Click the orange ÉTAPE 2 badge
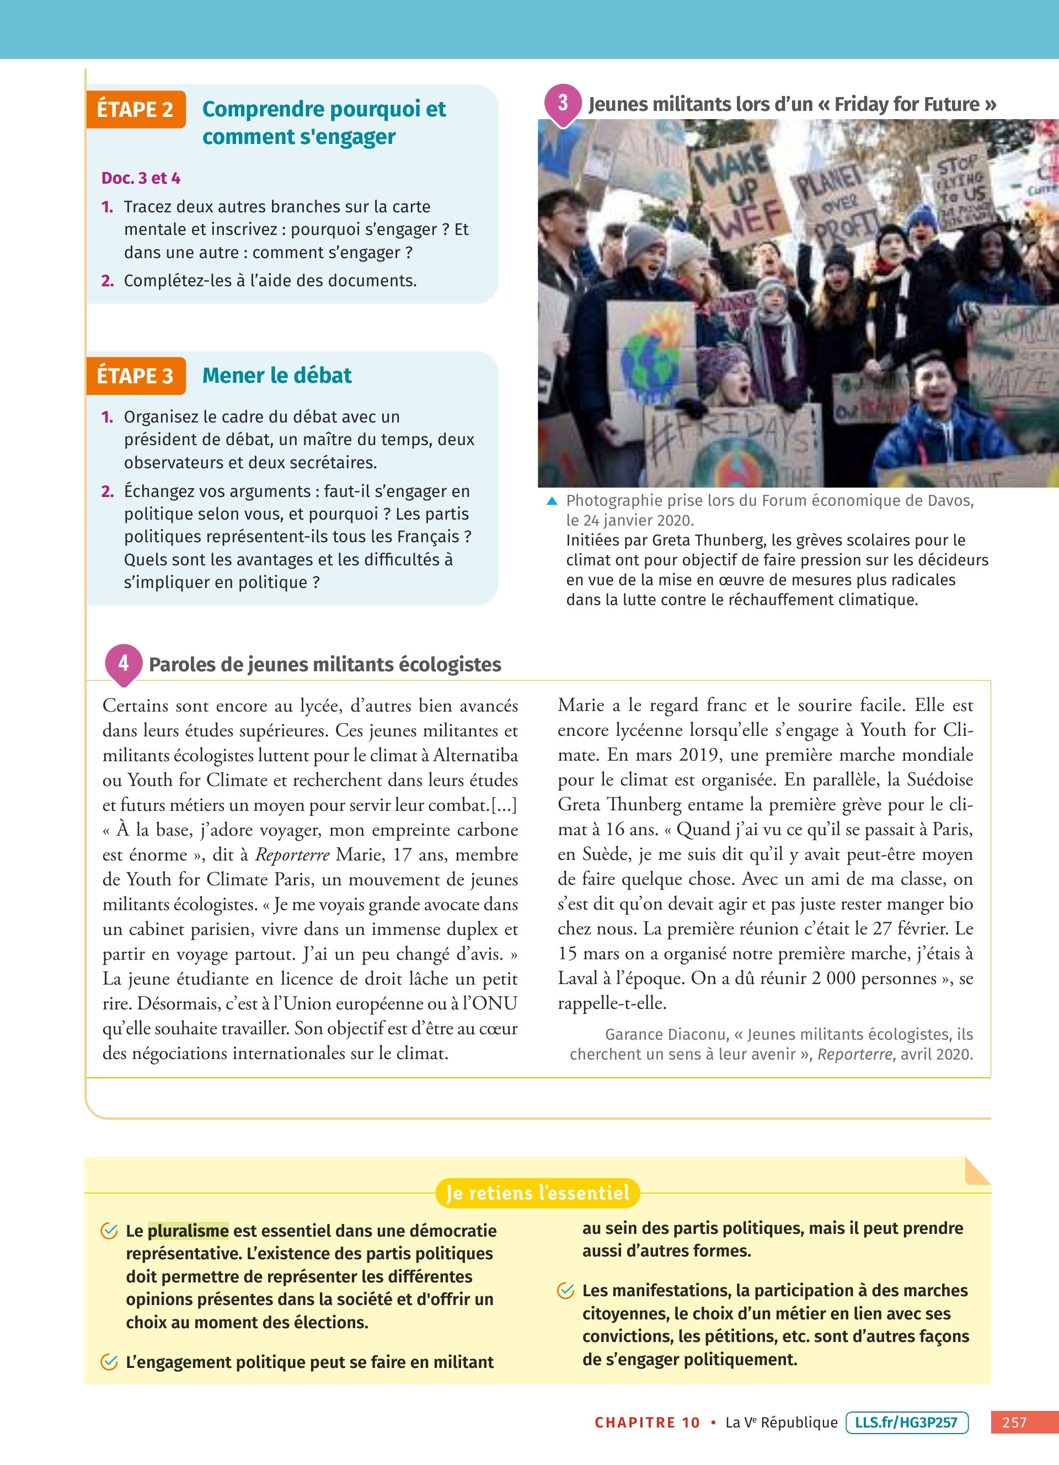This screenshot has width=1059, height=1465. [x=136, y=109]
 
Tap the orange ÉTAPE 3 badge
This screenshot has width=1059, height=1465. [x=136, y=375]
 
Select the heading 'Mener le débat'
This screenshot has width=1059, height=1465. [x=276, y=375]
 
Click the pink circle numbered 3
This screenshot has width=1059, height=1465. [x=563, y=103]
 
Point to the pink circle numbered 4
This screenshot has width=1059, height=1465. [x=124, y=663]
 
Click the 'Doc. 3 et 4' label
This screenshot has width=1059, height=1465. [x=141, y=178]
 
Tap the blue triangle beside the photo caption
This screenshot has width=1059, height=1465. [x=552, y=501]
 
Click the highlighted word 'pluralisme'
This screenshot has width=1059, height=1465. [x=188, y=1231]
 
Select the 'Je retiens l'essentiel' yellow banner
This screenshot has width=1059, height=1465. [x=537, y=1193]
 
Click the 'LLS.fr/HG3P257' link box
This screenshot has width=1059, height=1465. [x=906, y=1422]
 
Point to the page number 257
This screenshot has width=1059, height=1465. [x=1014, y=1423]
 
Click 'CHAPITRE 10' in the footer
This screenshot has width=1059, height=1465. [x=647, y=1423]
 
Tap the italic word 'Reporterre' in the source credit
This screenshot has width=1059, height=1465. [x=854, y=1054]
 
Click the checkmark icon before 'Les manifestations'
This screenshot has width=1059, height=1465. [x=566, y=1291]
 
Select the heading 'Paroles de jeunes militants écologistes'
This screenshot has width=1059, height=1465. [x=325, y=665]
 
